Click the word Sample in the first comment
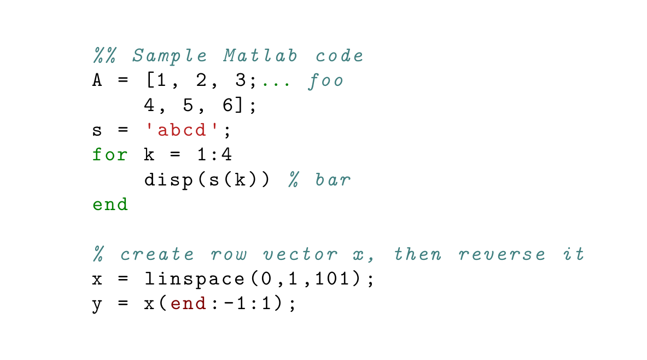[170, 56]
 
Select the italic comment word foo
[326, 81]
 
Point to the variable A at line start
[97, 81]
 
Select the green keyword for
[110, 155]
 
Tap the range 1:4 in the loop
[214, 155]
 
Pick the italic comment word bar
[333, 180]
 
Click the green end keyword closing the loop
[110, 205]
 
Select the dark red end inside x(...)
[188, 304]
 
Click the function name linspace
[194, 279]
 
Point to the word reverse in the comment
[502, 254]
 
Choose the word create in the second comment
[157, 254]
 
